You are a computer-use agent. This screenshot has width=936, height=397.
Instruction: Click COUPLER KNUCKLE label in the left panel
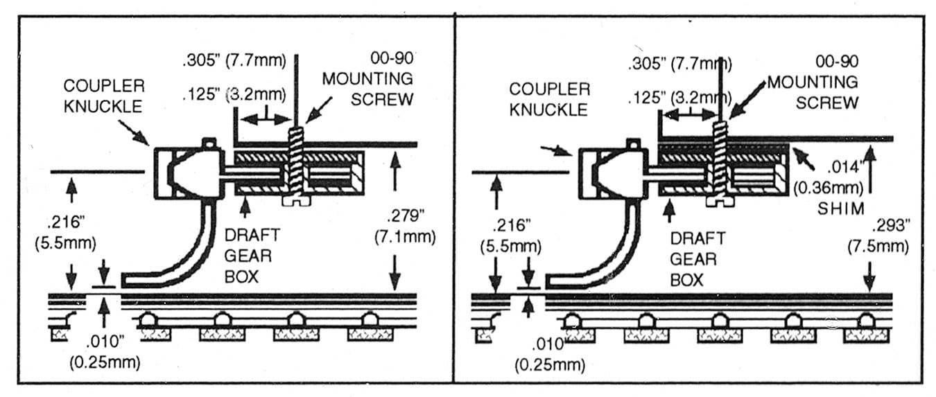[x=105, y=96]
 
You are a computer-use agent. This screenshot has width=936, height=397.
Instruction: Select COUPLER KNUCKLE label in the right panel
[x=550, y=99]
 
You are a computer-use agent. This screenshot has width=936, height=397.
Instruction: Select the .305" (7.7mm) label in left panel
[x=234, y=60]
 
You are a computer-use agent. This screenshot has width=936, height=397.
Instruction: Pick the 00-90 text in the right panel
[x=829, y=61]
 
